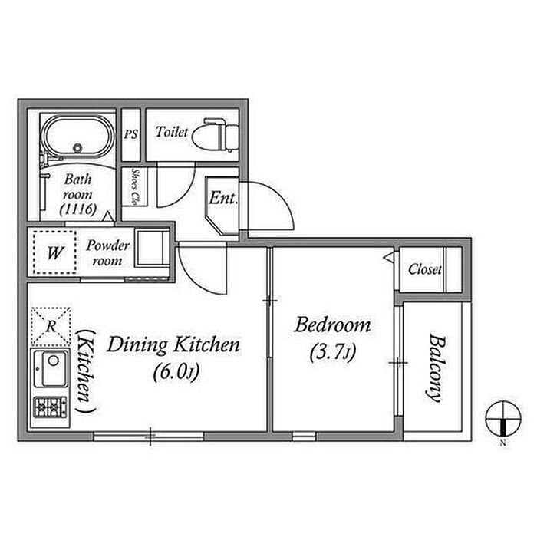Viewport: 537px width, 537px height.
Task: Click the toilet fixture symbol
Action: pyautogui.click(x=215, y=135)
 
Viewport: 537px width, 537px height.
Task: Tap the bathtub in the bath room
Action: pyautogui.click(x=77, y=137)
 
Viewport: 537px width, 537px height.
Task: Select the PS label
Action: pyautogui.click(x=131, y=134)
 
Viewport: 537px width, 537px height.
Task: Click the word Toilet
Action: pyautogui.click(x=172, y=132)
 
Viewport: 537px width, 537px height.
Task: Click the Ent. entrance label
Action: pyautogui.click(x=223, y=198)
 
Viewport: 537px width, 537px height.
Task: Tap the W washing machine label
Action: pyautogui.click(x=54, y=253)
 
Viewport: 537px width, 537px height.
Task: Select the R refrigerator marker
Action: pyautogui.click(x=51, y=326)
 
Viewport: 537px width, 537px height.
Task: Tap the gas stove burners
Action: pyautogui.click(x=50, y=407)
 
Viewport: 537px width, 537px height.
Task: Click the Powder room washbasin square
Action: pyautogui.click(x=153, y=248)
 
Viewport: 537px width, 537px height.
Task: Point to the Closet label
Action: pyautogui.click(x=425, y=269)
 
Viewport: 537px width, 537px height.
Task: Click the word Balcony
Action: pyautogui.click(x=437, y=367)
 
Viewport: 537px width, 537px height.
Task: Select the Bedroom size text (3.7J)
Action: pyautogui.click(x=333, y=352)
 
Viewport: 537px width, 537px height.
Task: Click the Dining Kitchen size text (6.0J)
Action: pyautogui.click(x=176, y=372)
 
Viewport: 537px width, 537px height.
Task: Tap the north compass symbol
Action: pyautogui.click(x=503, y=419)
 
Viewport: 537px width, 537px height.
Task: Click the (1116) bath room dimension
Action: pyautogui.click(x=78, y=209)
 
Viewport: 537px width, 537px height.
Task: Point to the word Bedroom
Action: pyautogui.click(x=332, y=325)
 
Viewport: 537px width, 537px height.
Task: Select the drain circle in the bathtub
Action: pyautogui.click(x=77, y=148)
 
